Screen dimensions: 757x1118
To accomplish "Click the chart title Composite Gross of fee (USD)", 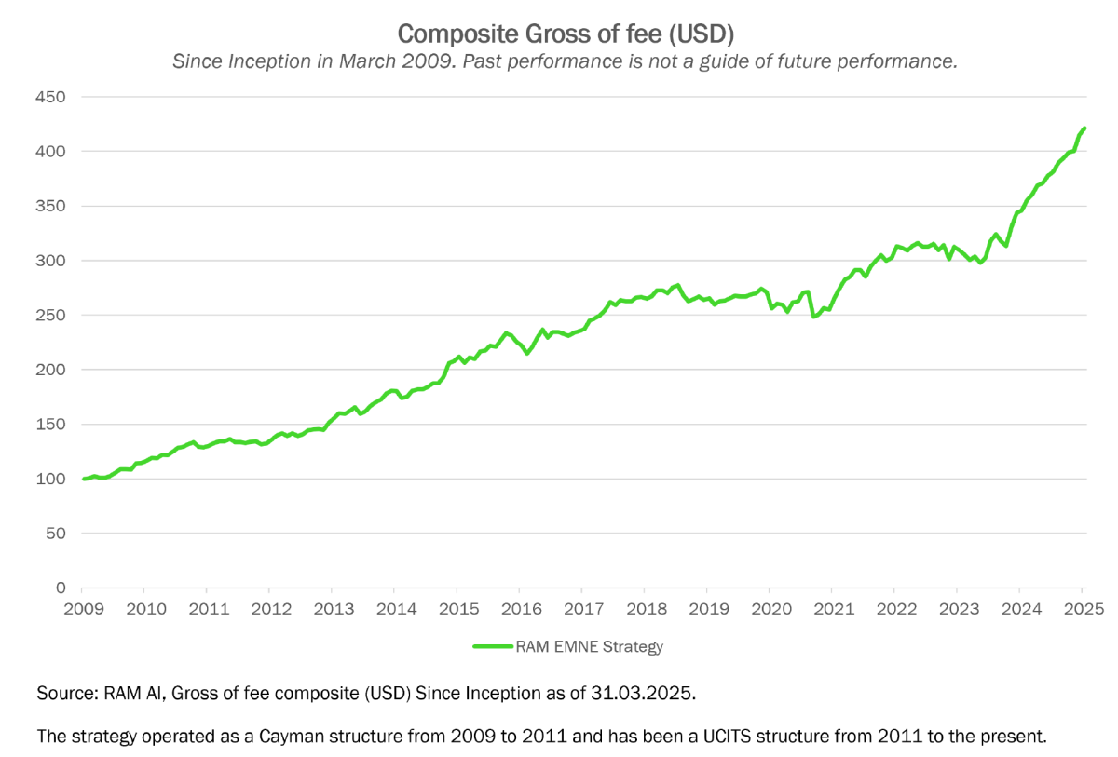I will (566, 34).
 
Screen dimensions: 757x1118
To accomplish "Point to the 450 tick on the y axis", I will (52, 96).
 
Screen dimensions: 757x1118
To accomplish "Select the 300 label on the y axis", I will (52, 261).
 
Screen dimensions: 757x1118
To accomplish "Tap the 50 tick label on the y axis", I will (57, 534).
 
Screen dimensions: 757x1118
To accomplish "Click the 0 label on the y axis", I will (61, 588).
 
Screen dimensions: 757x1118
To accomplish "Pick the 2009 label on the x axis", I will (82, 609).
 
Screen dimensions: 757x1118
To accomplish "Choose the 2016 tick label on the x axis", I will (519, 609).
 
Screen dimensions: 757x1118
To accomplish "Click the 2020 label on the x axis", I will (770, 609).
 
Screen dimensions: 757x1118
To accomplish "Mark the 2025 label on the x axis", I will (1083, 609).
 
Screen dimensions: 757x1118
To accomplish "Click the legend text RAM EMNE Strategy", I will (589, 646).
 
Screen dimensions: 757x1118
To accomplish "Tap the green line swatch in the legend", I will (493, 646).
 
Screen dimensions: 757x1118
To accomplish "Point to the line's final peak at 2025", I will (1084, 128).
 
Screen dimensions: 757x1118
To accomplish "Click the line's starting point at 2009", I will (83, 479).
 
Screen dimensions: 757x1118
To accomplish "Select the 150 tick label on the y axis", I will (52, 425).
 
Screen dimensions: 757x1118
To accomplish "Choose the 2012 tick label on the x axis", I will (269, 609).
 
